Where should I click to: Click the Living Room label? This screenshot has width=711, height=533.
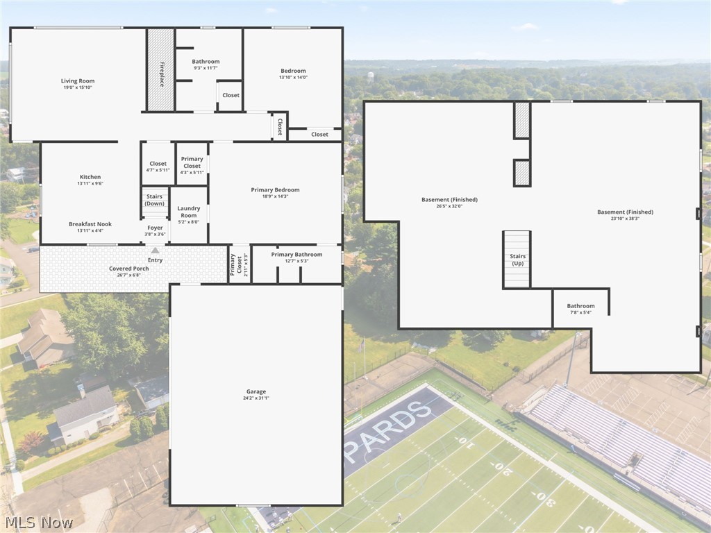click(x=78, y=81)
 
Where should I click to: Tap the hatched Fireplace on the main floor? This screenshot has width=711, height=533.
click(x=161, y=70)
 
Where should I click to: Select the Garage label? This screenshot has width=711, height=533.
click(x=256, y=391)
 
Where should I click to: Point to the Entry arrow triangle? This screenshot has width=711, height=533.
click(x=155, y=250)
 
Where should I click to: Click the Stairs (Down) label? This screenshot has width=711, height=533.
click(x=155, y=200)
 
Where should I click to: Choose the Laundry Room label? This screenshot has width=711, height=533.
click(x=189, y=212)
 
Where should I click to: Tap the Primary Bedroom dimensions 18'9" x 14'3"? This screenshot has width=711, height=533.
click(x=275, y=196)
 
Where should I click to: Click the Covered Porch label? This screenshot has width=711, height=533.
click(x=128, y=269)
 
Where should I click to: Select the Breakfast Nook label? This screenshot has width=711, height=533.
click(x=90, y=224)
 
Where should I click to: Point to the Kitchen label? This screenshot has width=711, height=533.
click(x=90, y=177)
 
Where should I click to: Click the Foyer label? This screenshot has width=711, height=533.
click(x=155, y=228)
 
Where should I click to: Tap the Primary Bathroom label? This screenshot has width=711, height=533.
click(x=297, y=254)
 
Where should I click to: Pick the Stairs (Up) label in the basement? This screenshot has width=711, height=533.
click(x=517, y=260)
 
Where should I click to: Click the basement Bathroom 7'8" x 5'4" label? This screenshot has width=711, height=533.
click(x=581, y=309)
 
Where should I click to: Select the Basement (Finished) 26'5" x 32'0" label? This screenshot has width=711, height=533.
click(x=449, y=202)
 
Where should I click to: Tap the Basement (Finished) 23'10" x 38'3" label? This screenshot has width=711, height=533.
click(x=626, y=215)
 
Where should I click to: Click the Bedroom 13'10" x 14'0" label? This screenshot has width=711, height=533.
click(x=294, y=74)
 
